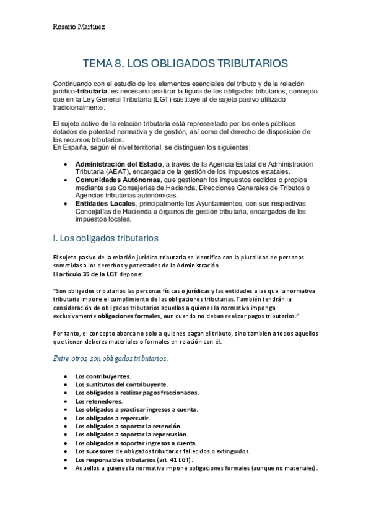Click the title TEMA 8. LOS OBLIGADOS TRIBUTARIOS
(185, 63)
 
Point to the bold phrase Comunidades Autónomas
(115, 180)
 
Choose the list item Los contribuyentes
(103, 376)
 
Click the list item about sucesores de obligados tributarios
(162, 452)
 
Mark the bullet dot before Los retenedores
(66, 401)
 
